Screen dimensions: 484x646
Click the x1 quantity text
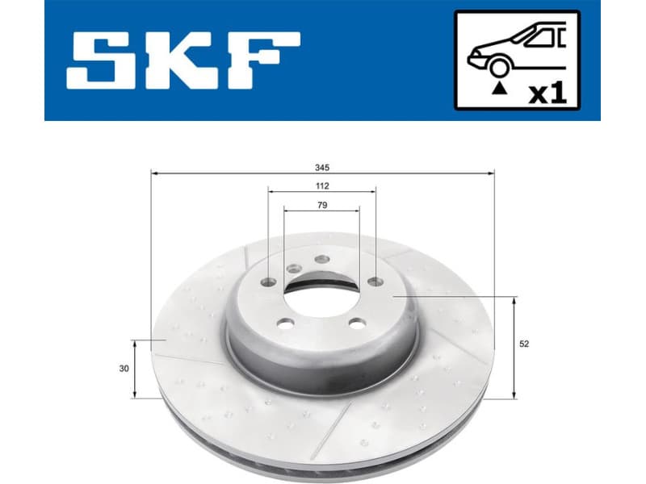(x=547, y=92)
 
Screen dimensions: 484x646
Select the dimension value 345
(x=322, y=167)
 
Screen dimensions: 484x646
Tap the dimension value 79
(x=322, y=205)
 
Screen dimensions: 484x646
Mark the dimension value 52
(x=524, y=344)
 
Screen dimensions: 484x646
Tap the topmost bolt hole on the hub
(x=321, y=259)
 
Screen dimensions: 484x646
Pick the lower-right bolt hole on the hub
(x=356, y=323)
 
